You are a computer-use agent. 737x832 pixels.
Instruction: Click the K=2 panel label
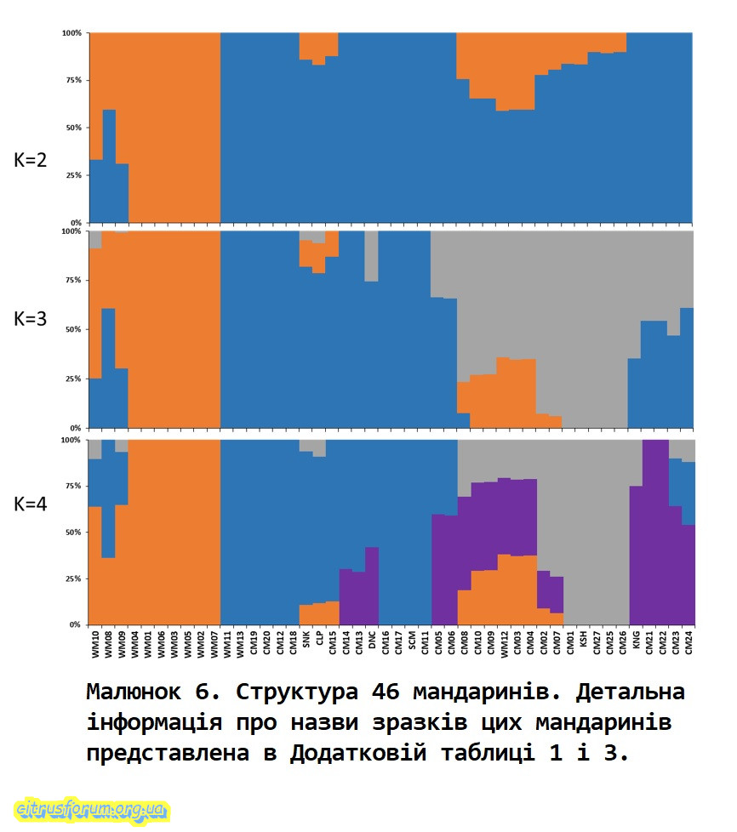pyautogui.click(x=30, y=159)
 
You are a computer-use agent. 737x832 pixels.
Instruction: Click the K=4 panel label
pyautogui.click(x=30, y=504)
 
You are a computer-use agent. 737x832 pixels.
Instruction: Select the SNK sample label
pyautogui.click(x=306, y=637)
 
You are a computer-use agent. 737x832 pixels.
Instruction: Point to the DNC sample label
pyautogui.click(x=372, y=637)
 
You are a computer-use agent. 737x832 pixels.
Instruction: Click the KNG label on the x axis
pyautogui.click(x=636, y=637)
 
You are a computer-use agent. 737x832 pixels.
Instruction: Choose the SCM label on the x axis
pyautogui.click(x=412, y=637)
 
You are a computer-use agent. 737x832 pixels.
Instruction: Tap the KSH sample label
pyautogui.click(x=583, y=637)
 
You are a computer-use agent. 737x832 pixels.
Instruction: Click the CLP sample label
pyautogui.click(x=319, y=637)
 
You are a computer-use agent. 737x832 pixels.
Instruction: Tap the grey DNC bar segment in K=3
pyautogui.click(x=372, y=255)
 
